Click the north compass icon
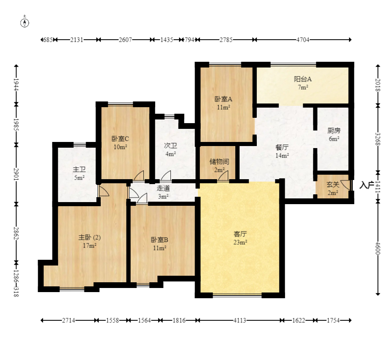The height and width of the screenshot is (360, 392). pyautogui.click(x=25, y=22)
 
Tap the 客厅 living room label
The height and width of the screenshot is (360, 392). pyautogui.click(x=240, y=234)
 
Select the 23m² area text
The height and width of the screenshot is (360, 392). pyautogui.click(x=240, y=242)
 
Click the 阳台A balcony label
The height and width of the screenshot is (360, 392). pyautogui.click(x=303, y=79)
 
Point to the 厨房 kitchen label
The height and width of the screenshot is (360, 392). pyautogui.click(x=334, y=130)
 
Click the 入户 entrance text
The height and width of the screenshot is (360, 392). pyautogui.click(x=367, y=185)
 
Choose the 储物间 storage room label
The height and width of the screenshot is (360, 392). pyautogui.click(x=219, y=162)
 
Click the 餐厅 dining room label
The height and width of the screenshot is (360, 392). pyautogui.click(x=282, y=147)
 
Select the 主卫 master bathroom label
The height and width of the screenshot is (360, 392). pyautogui.click(x=79, y=169)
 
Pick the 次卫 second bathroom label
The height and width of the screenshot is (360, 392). pyautogui.click(x=170, y=146)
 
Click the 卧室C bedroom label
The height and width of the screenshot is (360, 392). pyautogui.click(x=120, y=139)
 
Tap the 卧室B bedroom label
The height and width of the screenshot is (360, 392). pyautogui.click(x=159, y=240)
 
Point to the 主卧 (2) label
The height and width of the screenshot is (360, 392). pyautogui.click(x=89, y=237)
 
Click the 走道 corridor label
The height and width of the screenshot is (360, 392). pyautogui.click(x=163, y=188)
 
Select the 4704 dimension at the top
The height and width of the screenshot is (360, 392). pyautogui.click(x=303, y=40)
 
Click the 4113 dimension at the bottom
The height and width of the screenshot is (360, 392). pyautogui.click(x=240, y=320)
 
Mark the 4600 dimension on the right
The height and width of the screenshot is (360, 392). pyautogui.click(x=378, y=248)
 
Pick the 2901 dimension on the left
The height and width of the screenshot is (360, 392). pyautogui.click(x=16, y=174)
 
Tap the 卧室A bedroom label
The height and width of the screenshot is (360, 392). pyautogui.click(x=223, y=99)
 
